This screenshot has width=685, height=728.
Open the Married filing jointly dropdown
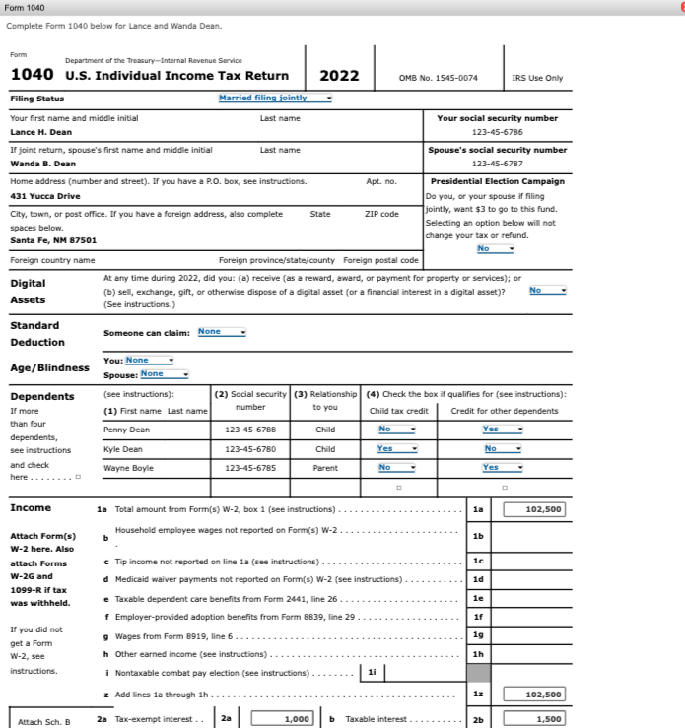click(275, 98)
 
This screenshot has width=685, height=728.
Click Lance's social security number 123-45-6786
click(497, 132)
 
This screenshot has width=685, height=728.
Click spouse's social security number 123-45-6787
click(497, 164)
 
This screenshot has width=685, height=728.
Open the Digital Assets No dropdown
click(548, 291)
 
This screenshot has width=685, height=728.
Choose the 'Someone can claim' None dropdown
click(222, 332)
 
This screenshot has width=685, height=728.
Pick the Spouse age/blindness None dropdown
click(164, 374)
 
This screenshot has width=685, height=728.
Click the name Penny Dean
click(127, 430)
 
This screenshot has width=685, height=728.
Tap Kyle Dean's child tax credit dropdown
click(398, 448)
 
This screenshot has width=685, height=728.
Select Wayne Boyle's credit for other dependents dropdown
click(503, 467)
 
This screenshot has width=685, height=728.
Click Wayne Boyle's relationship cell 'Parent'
click(324, 468)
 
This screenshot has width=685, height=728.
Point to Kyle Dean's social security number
click(249, 449)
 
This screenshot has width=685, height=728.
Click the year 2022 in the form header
click(340, 76)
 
